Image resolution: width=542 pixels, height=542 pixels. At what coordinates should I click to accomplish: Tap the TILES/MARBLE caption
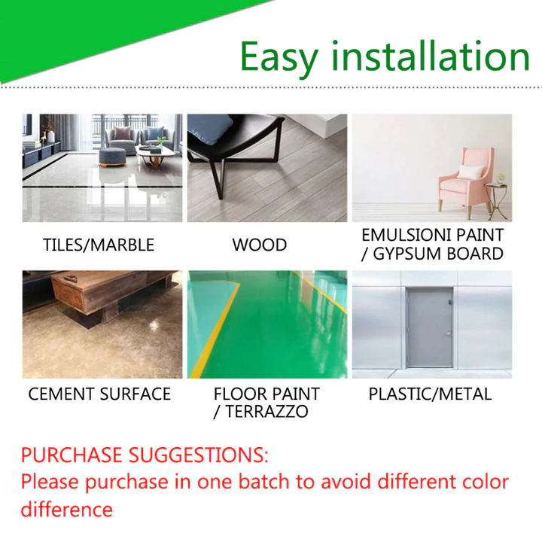coord(99,245)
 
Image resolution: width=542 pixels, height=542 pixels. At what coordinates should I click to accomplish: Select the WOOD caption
coord(259,245)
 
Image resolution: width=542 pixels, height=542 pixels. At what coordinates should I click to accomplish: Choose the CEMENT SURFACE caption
coord(99,394)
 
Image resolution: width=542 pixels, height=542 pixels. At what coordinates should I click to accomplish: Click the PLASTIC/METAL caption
coord(430,394)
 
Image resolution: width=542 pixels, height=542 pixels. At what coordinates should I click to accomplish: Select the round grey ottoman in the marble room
coord(112,157)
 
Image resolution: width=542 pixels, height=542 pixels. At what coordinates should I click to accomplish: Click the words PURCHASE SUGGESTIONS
coord(144,455)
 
